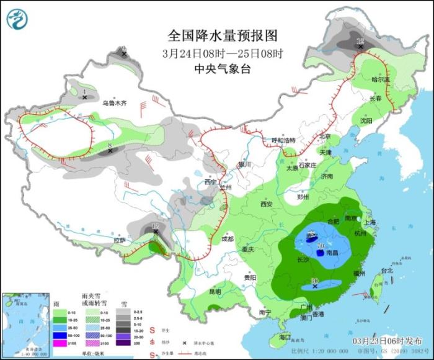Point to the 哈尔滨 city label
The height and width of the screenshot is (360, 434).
(380, 79)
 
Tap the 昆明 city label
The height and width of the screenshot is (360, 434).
(215, 291)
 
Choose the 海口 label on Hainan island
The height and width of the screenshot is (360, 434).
(285, 337)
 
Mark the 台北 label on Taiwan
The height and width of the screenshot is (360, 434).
(386, 271)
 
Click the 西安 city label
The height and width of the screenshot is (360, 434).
(267, 204)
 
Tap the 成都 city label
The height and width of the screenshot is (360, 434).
(227, 239)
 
